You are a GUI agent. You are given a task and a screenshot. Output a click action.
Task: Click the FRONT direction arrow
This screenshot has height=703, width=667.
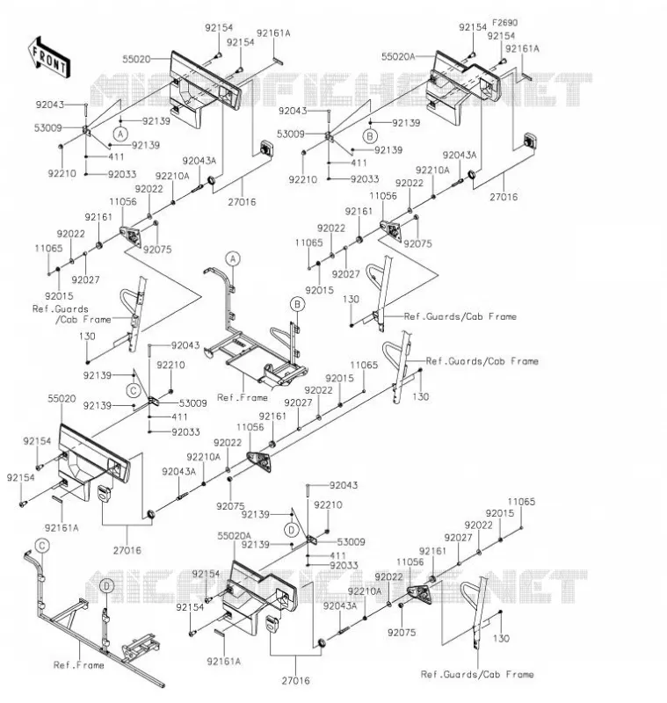coord(49,58)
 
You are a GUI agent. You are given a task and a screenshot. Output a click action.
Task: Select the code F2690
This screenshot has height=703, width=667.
coord(504,23)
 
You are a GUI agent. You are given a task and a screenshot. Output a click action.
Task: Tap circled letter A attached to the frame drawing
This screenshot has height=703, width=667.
coord(233,258)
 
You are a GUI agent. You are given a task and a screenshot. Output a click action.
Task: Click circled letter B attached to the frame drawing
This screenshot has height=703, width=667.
coord(297,304)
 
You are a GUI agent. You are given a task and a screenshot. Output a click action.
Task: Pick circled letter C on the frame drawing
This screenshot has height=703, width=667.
coord(42,546)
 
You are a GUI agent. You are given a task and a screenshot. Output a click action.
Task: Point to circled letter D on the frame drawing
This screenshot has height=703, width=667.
coord(106,586)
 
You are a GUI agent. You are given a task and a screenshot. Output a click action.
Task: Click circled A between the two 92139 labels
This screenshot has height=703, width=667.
coord(120,134)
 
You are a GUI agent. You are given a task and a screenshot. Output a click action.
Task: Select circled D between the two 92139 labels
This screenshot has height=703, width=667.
coord(292,531)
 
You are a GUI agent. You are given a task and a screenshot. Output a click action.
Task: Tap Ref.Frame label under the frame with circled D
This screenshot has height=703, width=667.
coord(78,665)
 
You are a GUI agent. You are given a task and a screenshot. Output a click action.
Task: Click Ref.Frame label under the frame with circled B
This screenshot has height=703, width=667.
coord(242,398)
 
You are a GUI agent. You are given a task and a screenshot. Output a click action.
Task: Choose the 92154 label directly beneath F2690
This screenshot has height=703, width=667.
coord(501,36)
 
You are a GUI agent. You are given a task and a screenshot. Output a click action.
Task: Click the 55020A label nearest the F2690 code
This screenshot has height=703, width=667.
coord(398,56)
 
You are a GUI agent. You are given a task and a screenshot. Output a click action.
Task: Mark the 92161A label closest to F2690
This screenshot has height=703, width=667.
coord(522,48)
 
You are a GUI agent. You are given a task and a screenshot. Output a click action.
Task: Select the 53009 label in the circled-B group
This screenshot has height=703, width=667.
coord(291,134)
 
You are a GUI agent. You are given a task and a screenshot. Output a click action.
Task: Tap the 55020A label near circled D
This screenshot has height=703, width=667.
coord(234,536)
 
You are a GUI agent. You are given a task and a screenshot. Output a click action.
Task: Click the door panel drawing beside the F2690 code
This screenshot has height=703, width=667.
coord(461,86)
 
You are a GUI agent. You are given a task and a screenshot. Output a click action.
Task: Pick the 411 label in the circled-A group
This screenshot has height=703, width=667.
coord(116,157)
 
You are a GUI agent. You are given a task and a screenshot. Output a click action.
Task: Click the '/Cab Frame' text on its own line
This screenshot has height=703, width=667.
coord(83,320)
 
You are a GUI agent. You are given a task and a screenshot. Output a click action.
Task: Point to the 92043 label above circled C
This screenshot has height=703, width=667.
coord(185,345)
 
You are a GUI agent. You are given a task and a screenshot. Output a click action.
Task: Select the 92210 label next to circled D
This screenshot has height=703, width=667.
coord(328,504)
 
